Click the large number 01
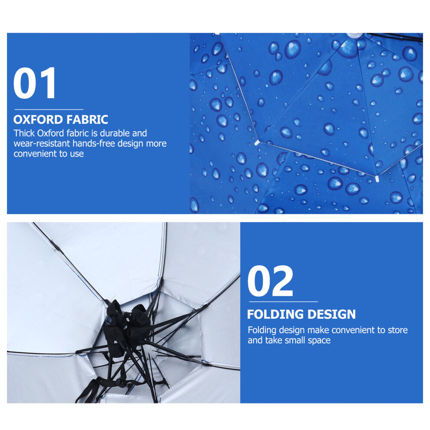34,83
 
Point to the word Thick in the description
24,133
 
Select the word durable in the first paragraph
115,133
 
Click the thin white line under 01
49,109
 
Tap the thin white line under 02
283,302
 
